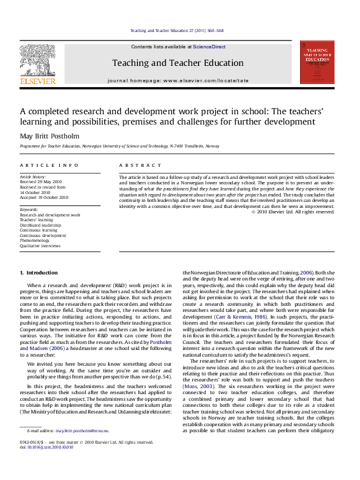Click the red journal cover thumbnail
pos(317,62)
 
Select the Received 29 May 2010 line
pos(42,181)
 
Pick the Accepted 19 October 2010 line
pos(44,197)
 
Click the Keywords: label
pos(30,210)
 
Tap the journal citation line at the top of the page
pos(177,30)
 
